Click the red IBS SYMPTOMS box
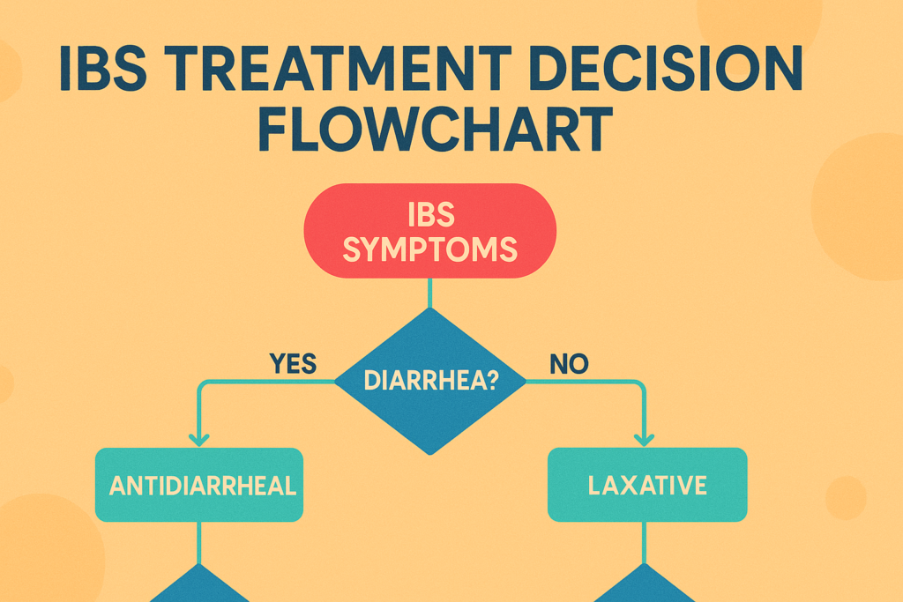pyautogui.click(x=429, y=232)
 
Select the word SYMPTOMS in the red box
pyautogui.click(x=429, y=249)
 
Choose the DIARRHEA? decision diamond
pyautogui.click(x=429, y=381)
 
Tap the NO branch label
pyautogui.click(x=569, y=362)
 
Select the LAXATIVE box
pyautogui.click(x=647, y=484)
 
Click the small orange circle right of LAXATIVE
pyautogui.click(x=846, y=498)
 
